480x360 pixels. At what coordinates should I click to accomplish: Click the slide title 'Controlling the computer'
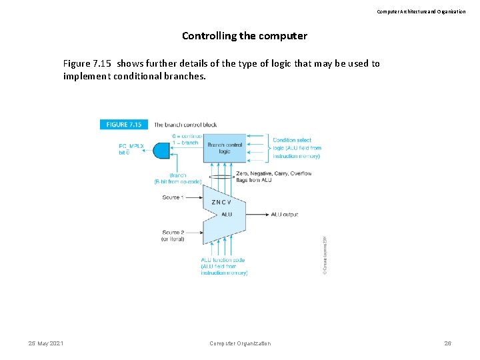pyautogui.click(x=245, y=35)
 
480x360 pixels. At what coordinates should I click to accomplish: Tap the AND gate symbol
pyautogui.click(x=162, y=150)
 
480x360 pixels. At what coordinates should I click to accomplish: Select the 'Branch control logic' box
pyautogui.click(x=225, y=147)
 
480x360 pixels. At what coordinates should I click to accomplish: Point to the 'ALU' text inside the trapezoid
pyautogui.click(x=227, y=214)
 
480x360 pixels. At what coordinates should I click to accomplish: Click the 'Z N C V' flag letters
pyautogui.click(x=221, y=202)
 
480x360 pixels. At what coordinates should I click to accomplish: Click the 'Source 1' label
pyautogui.click(x=173, y=197)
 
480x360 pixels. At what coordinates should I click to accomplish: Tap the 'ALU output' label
pyautogui.click(x=285, y=215)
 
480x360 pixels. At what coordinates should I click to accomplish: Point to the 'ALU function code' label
pyautogui.click(x=223, y=260)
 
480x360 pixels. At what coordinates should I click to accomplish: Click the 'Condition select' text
pyautogui.click(x=293, y=140)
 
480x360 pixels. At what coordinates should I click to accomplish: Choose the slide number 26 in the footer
pyautogui.click(x=447, y=343)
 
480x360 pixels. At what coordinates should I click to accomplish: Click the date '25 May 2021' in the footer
pyautogui.click(x=46, y=343)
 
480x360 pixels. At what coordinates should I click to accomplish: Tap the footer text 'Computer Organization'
pyautogui.click(x=240, y=343)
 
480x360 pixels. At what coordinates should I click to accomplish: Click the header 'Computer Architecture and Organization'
pyautogui.click(x=421, y=11)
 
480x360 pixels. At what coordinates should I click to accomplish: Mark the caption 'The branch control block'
pyautogui.click(x=185, y=125)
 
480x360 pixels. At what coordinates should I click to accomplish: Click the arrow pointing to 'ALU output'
pyautogui.click(x=257, y=215)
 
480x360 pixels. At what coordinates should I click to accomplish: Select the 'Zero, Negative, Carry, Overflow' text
pyautogui.click(x=273, y=173)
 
